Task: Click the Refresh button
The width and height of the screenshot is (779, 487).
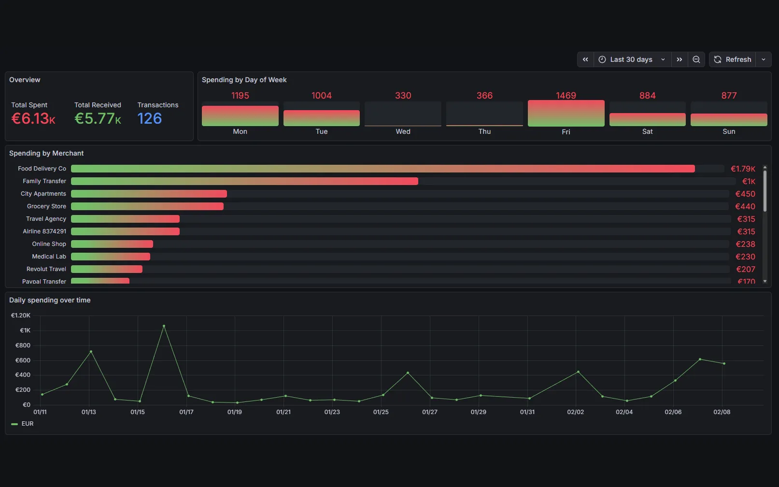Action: [x=733, y=59]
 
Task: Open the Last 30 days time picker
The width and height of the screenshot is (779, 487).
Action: [x=632, y=59]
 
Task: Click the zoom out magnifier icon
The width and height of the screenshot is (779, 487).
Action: [x=696, y=59]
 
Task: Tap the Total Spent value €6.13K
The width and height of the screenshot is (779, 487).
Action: [x=33, y=118]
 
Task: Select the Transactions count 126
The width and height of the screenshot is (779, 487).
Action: [x=149, y=118]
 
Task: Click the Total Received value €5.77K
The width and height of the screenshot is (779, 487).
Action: [x=98, y=118]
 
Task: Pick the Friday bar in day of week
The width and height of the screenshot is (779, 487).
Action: [x=566, y=114]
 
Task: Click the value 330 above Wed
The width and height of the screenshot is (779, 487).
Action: [x=403, y=96]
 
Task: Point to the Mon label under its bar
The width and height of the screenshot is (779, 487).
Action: [x=240, y=131]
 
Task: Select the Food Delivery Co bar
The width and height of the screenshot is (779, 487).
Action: [x=382, y=169]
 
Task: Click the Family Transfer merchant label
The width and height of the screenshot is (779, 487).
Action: [x=44, y=181]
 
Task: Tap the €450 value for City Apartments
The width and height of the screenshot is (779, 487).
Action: [x=745, y=194]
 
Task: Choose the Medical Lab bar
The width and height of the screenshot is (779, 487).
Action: [x=111, y=257]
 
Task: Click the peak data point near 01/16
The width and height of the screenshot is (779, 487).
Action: [x=164, y=326]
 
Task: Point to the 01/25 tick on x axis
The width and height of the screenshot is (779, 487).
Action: [x=381, y=412]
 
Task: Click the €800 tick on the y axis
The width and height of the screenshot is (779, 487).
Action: [x=23, y=345]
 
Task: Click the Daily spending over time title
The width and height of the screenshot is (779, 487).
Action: [x=50, y=300]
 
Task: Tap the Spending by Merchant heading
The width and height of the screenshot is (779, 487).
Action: [x=46, y=153]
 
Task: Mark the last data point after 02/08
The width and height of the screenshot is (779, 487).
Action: [x=724, y=363]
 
